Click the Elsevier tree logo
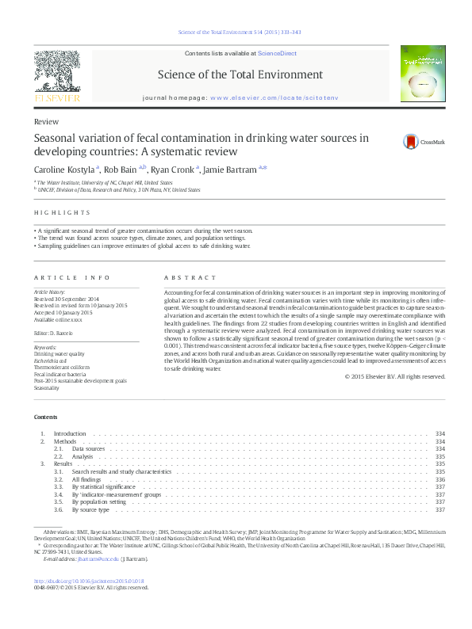(x=56, y=75)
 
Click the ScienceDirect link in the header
(x=278, y=53)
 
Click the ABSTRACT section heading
(x=190, y=277)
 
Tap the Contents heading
(x=45, y=417)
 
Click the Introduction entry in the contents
(x=69, y=433)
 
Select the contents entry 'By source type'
(x=90, y=509)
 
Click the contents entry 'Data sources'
(x=89, y=448)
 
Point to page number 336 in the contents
(x=440, y=479)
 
